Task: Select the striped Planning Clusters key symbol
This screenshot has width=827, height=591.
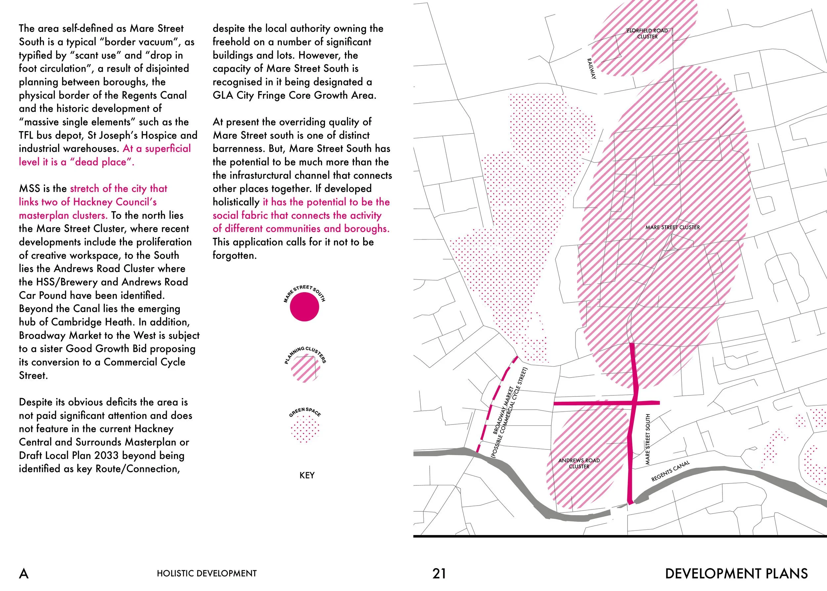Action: (305, 369)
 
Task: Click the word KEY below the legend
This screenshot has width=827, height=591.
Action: (307, 475)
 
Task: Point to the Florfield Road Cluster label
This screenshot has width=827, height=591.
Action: (647, 33)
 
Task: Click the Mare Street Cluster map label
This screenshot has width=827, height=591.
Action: (673, 227)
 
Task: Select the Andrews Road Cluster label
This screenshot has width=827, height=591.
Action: (579, 463)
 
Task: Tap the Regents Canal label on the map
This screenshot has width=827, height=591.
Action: (670, 471)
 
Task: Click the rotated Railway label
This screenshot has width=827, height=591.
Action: (591, 68)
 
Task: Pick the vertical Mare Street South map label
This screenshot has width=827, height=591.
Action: (647, 439)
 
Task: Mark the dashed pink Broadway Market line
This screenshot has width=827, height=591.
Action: (497, 404)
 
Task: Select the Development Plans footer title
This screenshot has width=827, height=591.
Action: (736, 573)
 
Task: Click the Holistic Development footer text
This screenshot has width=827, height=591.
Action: (207, 573)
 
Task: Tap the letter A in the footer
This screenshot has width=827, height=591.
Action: (23, 573)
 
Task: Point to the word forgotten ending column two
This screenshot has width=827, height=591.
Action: (235, 255)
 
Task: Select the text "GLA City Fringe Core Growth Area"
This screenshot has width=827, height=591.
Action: (294, 95)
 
